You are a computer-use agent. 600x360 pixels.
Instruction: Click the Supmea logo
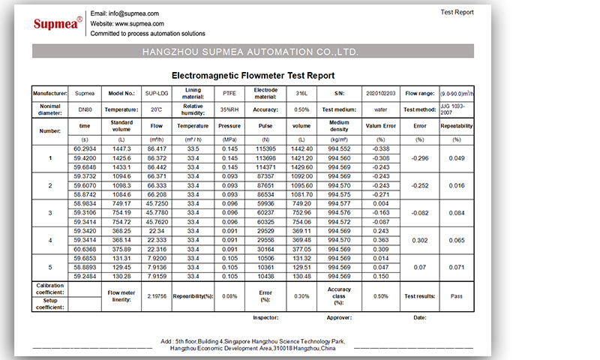[58, 23]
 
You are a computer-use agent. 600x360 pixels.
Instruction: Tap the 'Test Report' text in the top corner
[456, 12]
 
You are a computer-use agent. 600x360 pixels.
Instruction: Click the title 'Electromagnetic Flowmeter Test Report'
[253, 76]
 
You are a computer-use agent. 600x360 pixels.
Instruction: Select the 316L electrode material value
[301, 94]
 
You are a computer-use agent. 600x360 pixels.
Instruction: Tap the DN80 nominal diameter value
[85, 109]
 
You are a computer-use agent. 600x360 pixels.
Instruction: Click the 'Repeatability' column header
[456, 126]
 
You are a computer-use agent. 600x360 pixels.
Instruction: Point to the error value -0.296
[420, 158]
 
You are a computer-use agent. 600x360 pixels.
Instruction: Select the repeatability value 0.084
[456, 212]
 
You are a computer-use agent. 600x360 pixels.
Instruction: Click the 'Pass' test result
[456, 295]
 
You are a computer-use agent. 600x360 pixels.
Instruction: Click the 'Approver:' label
[339, 317]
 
